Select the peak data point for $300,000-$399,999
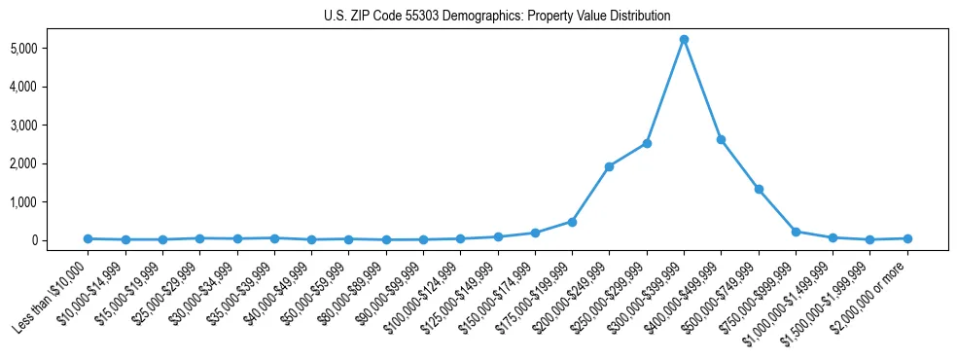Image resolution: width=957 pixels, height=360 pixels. (684, 39)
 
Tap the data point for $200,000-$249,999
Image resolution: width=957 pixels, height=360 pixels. (609, 166)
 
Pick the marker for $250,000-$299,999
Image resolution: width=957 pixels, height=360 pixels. (647, 143)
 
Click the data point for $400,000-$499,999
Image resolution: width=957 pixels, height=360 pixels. (721, 139)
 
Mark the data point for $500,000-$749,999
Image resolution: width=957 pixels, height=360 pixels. (759, 189)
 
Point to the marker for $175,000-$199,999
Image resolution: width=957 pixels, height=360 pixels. (572, 222)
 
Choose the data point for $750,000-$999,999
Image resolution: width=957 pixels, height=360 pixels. (796, 232)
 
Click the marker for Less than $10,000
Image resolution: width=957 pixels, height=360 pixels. (88, 238)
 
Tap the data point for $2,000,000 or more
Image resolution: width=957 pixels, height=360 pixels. (907, 238)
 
